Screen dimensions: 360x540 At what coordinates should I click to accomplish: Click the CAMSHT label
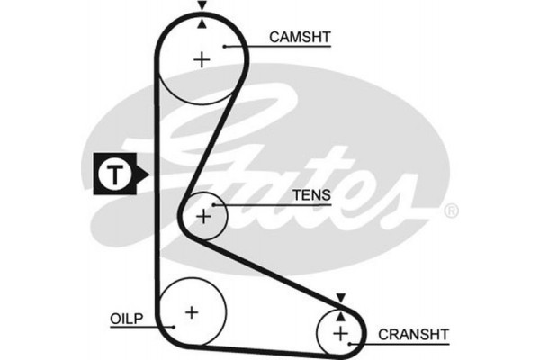click(301, 37)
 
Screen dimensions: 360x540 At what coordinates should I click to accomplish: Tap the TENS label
click(311, 194)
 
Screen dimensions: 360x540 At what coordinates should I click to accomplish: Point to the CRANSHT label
click(412, 333)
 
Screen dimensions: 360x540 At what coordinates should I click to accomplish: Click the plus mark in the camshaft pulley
click(202, 60)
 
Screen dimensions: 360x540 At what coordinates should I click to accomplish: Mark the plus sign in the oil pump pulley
click(191, 311)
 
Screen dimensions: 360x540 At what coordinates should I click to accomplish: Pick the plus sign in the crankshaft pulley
click(340, 334)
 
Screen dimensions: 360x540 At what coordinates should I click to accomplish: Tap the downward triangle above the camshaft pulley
click(202, 6)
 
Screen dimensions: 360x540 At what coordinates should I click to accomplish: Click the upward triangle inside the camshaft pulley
click(202, 24)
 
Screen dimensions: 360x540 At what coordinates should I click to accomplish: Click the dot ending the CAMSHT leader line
click(223, 45)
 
